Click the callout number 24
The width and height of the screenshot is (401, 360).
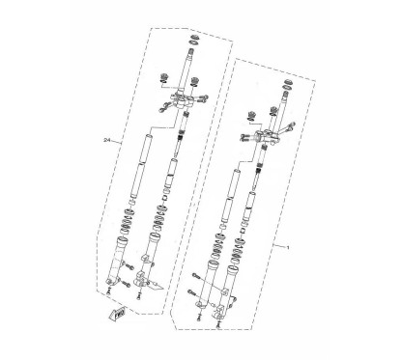click(x=106, y=142)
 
